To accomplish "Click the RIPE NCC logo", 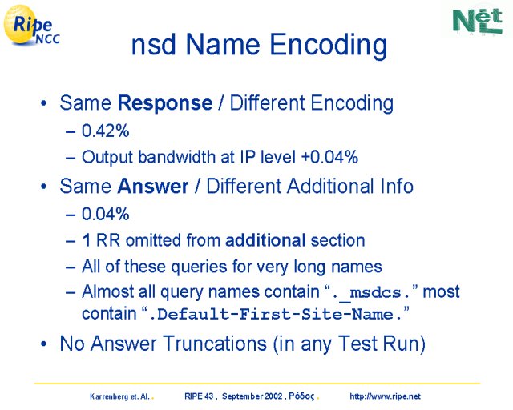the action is coord(31,26).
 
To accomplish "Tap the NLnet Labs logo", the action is coord(478,21).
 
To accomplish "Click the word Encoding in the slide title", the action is coord(329,45).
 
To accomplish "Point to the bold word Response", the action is coord(165,103).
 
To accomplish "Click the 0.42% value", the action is coord(105,131).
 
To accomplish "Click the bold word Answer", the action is coord(153,187).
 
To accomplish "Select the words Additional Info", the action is coord(350,187).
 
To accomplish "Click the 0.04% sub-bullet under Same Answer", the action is coord(105,214).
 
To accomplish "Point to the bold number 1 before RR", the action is coord(87,240).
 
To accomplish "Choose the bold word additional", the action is coord(265,240).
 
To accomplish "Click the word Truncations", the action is coord(215,344).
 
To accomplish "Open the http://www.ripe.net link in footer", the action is coord(385,396).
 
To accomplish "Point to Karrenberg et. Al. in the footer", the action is coord(119,397).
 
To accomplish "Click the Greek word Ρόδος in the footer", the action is coord(301,396).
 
